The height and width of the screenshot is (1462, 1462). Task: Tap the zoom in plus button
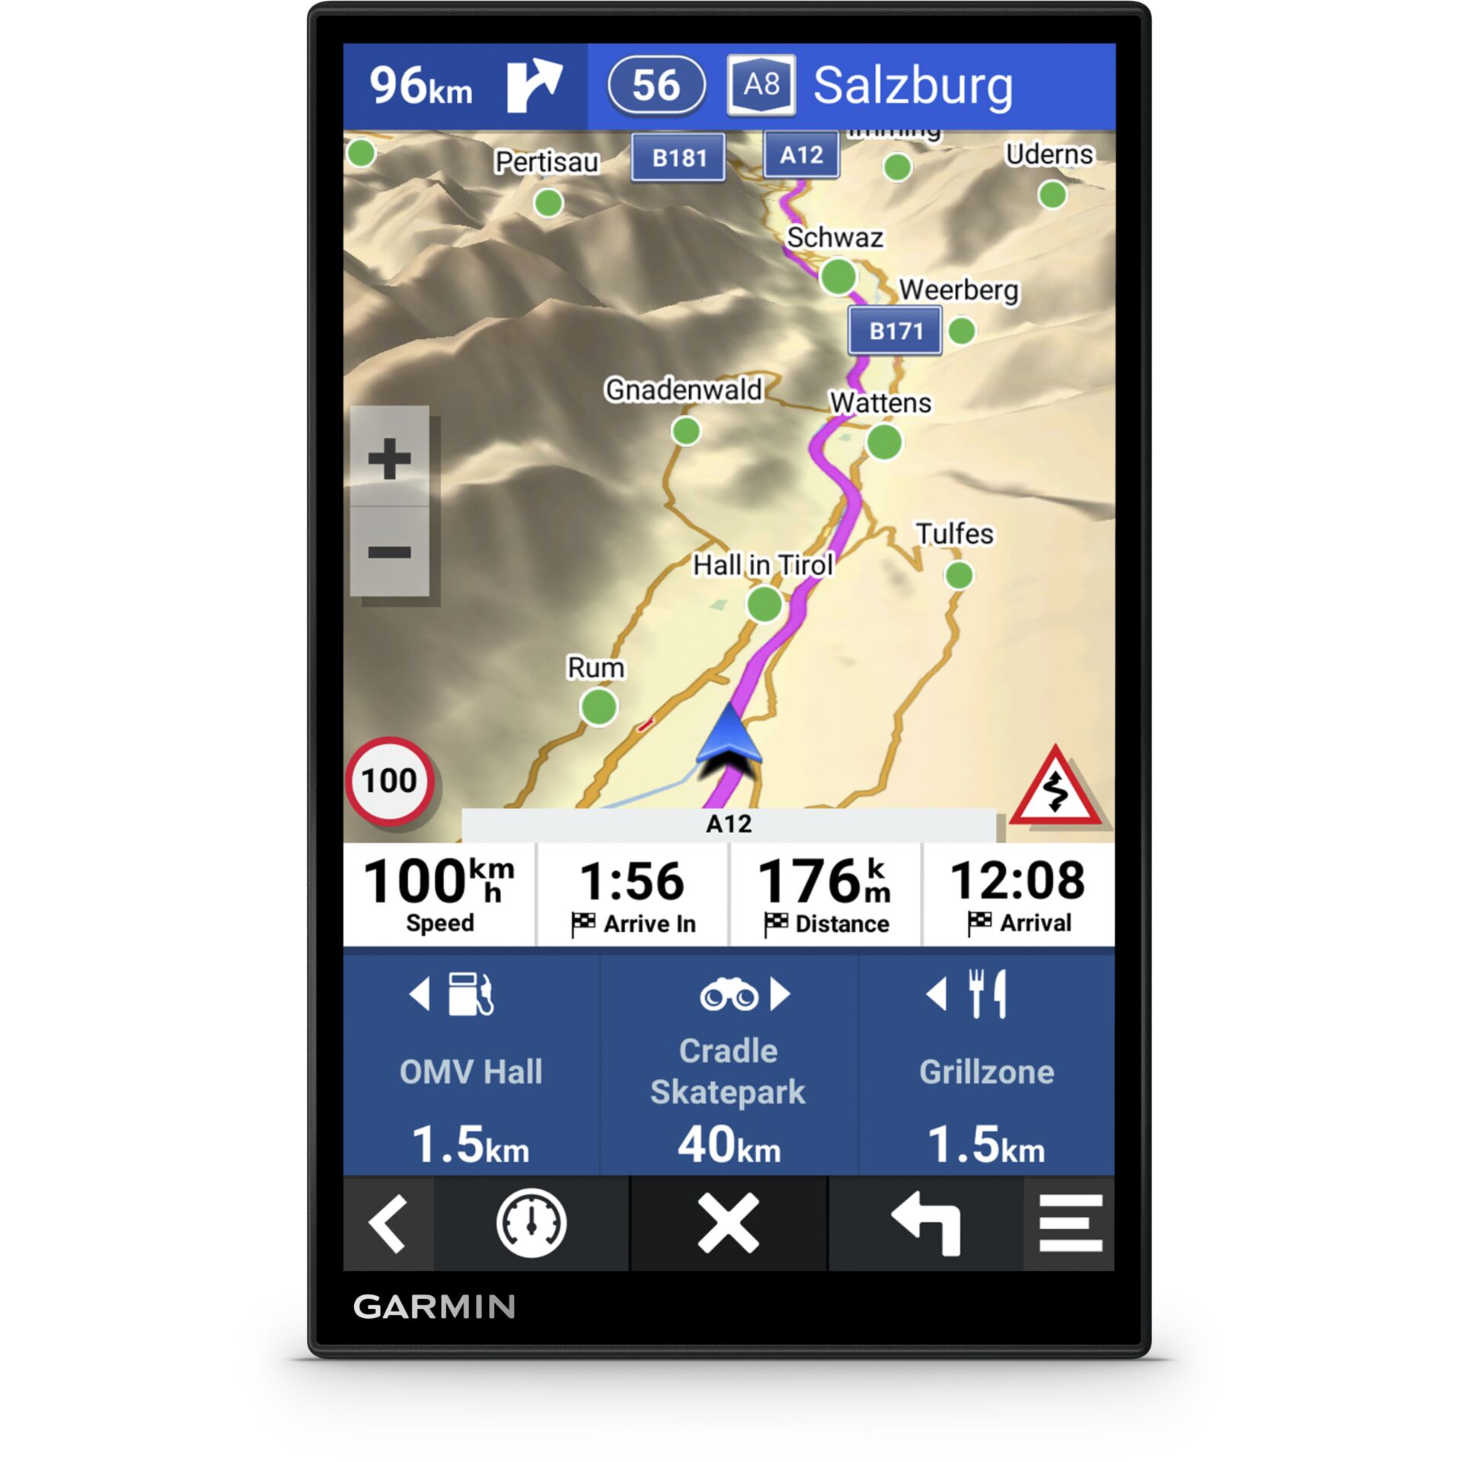click(x=389, y=458)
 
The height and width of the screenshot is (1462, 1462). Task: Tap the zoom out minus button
click(x=389, y=552)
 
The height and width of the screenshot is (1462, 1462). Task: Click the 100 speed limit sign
click(x=390, y=781)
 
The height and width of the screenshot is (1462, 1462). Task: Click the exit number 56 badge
click(x=656, y=85)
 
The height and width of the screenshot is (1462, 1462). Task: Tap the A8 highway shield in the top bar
click(x=761, y=85)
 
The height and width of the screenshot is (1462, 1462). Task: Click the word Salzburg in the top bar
click(x=913, y=85)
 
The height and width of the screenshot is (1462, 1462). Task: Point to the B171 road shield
click(x=895, y=331)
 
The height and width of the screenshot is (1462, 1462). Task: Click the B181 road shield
click(x=678, y=158)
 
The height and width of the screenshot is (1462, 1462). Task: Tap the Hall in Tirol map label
click(x=763, y=565)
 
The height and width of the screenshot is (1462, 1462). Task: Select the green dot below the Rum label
click(x=599, y=707)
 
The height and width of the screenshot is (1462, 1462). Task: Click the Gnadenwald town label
click(x=683, y=390)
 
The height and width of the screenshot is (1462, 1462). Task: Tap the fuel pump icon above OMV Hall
click(x=471, y=994)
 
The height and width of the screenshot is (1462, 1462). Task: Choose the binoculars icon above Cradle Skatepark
click(x=729, y=994)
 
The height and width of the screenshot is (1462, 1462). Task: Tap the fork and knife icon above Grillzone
click(x=988, y=994)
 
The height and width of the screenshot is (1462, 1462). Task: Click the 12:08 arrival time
click(x=1018, y=881)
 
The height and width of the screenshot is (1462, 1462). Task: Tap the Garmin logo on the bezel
click(x=434, y=1307)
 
